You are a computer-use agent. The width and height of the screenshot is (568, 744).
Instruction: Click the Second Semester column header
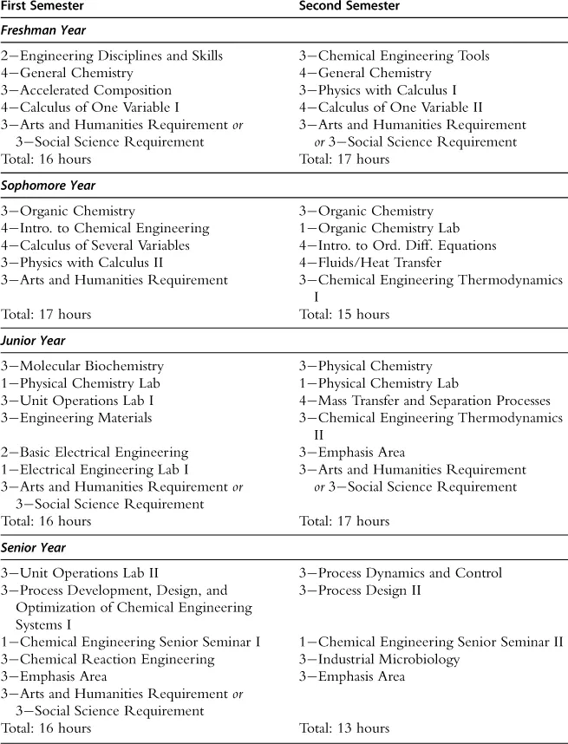(349, 7)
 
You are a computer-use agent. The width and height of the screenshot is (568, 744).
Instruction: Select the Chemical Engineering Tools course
(395, 56)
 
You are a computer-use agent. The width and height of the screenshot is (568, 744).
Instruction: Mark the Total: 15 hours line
(344, 315)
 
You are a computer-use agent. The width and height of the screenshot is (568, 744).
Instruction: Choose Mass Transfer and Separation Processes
(425, 401)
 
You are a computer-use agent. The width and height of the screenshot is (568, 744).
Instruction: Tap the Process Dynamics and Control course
(401, 573)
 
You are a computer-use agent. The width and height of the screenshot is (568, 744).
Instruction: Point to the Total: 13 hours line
(344, 728)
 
